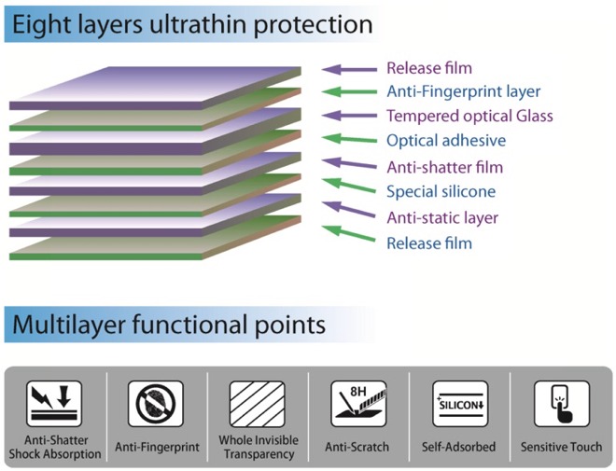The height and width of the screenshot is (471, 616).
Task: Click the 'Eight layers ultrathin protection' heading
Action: (x=192, y=25)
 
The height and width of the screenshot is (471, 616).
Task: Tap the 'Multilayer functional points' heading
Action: (x=169, y=325)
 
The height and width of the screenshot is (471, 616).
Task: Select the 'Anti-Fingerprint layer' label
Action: (x=464, y=91)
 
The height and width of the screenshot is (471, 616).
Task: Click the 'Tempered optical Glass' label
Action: (x=469, y=117)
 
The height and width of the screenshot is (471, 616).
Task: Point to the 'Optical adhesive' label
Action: (x=446, y=141)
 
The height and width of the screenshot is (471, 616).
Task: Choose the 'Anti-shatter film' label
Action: (x=444, y=167)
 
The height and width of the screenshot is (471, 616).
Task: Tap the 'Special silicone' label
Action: (x=441, y=191)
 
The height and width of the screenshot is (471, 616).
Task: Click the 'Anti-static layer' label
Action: (x=442, y=217)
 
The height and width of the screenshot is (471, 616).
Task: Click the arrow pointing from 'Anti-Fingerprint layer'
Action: (x=349, y=91)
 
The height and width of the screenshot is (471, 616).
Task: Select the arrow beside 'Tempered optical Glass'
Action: (x=349, y=116)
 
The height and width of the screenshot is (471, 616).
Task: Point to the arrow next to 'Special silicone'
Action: (x=348, y=186)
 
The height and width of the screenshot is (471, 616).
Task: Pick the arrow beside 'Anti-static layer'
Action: (x=348, y=209)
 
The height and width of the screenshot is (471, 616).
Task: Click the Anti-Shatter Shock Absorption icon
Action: (x=54, y=404)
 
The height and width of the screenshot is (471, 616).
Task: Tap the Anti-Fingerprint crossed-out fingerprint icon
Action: (x=156, y=404)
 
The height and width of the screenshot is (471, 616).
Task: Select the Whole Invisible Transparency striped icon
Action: (x=258, y=404)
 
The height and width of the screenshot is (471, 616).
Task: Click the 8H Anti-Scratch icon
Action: (x=358, y=404)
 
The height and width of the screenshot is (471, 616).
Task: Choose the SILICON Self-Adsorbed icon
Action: (x=460, y=404)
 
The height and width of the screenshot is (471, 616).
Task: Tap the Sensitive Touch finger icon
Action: (x=562, y=404)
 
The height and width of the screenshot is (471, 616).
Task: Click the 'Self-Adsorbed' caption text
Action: (x=458, y=447)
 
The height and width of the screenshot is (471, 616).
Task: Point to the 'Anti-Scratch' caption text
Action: (x=357, y=447)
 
